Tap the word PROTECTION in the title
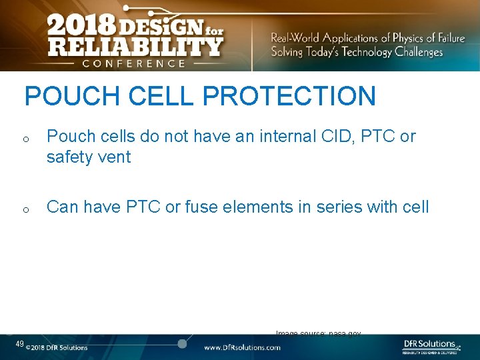[289, 96]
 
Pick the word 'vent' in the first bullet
[115, 158]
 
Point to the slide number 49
[20, 344]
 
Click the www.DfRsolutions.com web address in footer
[242, 347]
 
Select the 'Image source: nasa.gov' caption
[319, 333]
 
